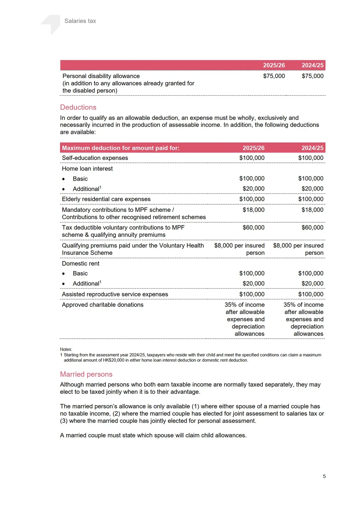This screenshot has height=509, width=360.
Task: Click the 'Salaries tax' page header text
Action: pos(80,21)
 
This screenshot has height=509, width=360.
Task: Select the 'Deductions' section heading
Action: pos(78,107)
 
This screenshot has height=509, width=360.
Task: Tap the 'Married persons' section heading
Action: pos(86,374)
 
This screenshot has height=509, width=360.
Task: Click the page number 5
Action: pos(324,476)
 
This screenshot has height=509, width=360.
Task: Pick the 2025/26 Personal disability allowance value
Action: pos(274,76)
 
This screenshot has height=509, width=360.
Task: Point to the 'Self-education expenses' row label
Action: pos(95,158)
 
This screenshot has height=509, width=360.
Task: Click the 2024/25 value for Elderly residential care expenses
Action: pos(310,199)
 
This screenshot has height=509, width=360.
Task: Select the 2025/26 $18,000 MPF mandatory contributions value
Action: pos(253,210)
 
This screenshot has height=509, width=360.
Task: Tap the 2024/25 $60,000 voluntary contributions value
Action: pos(312,227)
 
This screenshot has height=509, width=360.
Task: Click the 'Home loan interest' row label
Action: pos(87,169)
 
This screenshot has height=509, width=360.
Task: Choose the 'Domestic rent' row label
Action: pos(80,264)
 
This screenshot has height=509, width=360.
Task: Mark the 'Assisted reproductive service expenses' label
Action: pos(115,294)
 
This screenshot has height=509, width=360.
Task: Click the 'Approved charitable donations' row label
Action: pos(103,305)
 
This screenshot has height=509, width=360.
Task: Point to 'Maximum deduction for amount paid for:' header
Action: pos(121,148)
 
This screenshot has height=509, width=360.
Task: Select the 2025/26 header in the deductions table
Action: pos(253,148)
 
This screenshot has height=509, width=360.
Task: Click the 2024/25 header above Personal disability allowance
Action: pos(312,65)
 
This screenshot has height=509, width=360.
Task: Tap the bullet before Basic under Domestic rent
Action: pos(63,274)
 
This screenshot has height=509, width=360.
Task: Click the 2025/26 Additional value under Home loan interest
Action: pos(253,189)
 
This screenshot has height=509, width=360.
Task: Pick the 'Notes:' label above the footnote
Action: pos(66,349)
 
